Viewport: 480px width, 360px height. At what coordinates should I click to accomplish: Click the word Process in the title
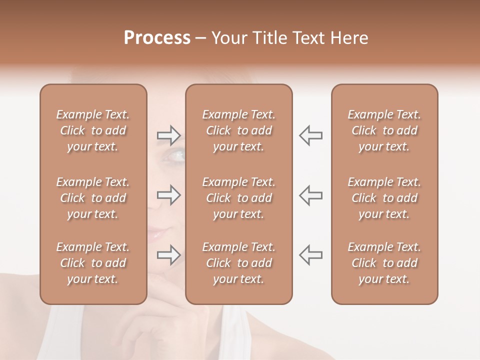tap(157, 38)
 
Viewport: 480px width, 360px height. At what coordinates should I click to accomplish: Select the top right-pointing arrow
tap(168, 135)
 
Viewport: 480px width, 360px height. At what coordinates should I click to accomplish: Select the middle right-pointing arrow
tap(168, 195)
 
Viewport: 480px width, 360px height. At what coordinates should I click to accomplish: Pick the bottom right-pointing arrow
tap(168, 255)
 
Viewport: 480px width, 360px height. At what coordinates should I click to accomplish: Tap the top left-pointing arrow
tap(311, 135)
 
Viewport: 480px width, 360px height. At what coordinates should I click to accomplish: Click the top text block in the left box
tap(93, 130)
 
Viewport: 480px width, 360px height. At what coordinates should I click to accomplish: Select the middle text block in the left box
tap(93, 198)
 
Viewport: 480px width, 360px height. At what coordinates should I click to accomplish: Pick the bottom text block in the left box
tap(93, 263)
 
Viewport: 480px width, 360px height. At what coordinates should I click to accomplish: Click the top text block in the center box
tap(239, 130)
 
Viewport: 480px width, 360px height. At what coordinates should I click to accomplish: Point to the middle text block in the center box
tap(239, 198)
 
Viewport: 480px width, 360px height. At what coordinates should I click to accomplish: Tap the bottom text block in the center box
tap(239, 263)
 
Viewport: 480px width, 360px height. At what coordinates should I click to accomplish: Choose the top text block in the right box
tap(384, 130)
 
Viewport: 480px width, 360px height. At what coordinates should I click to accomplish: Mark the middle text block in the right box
tap(384, 198)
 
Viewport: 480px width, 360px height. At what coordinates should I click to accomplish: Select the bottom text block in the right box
tap(384, 263)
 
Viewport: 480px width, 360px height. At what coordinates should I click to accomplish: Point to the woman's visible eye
tap(176, 156)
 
